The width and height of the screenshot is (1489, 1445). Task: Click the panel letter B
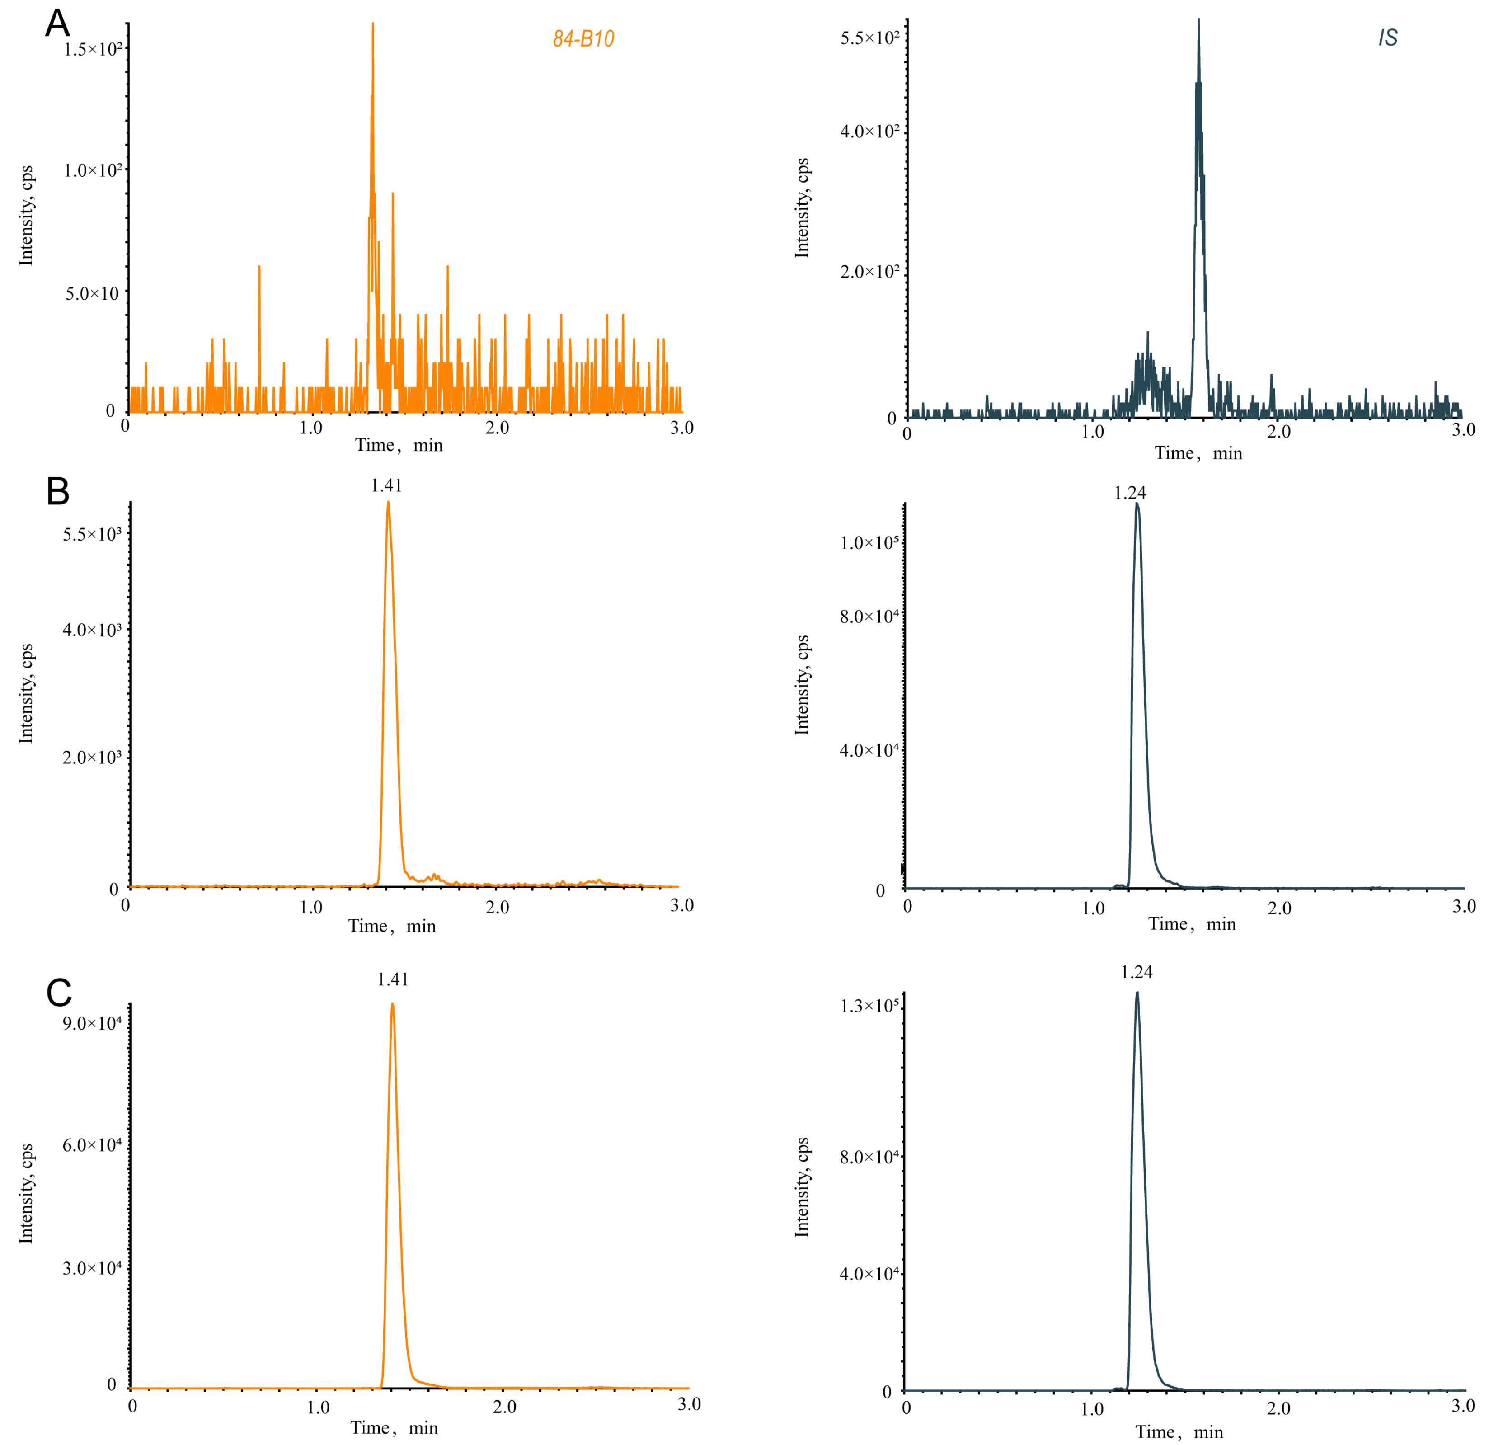coord(58,492)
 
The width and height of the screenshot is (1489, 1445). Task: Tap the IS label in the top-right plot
coord(1387,38)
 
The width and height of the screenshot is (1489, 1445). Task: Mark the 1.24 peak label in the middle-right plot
coord(1130,493)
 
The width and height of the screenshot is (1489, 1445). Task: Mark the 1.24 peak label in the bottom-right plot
coord(1137,973)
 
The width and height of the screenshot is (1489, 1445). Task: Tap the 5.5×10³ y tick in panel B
coord(92,534)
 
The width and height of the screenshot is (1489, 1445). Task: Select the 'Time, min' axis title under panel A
coord(399,445)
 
